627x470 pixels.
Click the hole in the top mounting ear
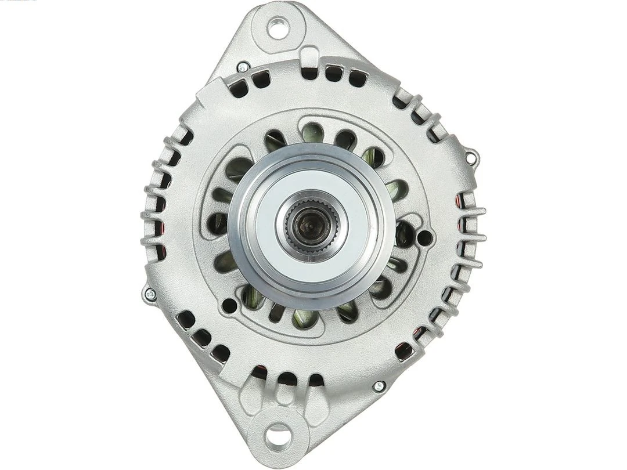[278, 28]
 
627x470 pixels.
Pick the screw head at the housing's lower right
[379, 385]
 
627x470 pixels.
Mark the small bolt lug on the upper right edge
[473, 156]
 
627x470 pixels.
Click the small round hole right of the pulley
[425, 236]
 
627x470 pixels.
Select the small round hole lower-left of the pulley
[229, 305]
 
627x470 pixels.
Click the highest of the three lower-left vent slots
[186, 319]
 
